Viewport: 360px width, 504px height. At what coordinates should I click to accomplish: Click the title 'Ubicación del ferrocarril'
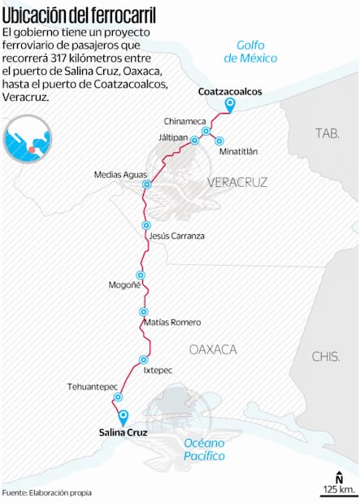pyautogui.click(x=80, y=14)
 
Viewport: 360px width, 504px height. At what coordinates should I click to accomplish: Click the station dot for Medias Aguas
pyautogui.click(x=147, y=185)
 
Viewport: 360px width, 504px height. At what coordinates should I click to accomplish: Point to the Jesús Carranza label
pyautogui.click(x=177, y=236)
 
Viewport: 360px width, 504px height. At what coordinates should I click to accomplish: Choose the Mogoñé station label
pyautogui.click(x=125, y=285)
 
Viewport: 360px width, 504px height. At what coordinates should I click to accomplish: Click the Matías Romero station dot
pyautogui.click(x=144, y=311)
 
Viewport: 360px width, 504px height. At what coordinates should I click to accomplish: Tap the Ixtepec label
pyautogui.click(x=158, y=370)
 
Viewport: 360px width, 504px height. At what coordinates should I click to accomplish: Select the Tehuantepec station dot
pyautogui.click(x=119, y=397)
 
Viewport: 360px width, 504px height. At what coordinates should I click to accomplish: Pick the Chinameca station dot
pyautogui.click(x=206, y=131)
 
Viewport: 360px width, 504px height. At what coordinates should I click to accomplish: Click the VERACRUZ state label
pyautogui.click(x=237, y=182)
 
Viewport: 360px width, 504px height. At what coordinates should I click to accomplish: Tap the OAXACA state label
pyautogui.click(x=213, y=349)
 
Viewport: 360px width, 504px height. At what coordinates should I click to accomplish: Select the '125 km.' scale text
pyautogui.click(x=337, y=489)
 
